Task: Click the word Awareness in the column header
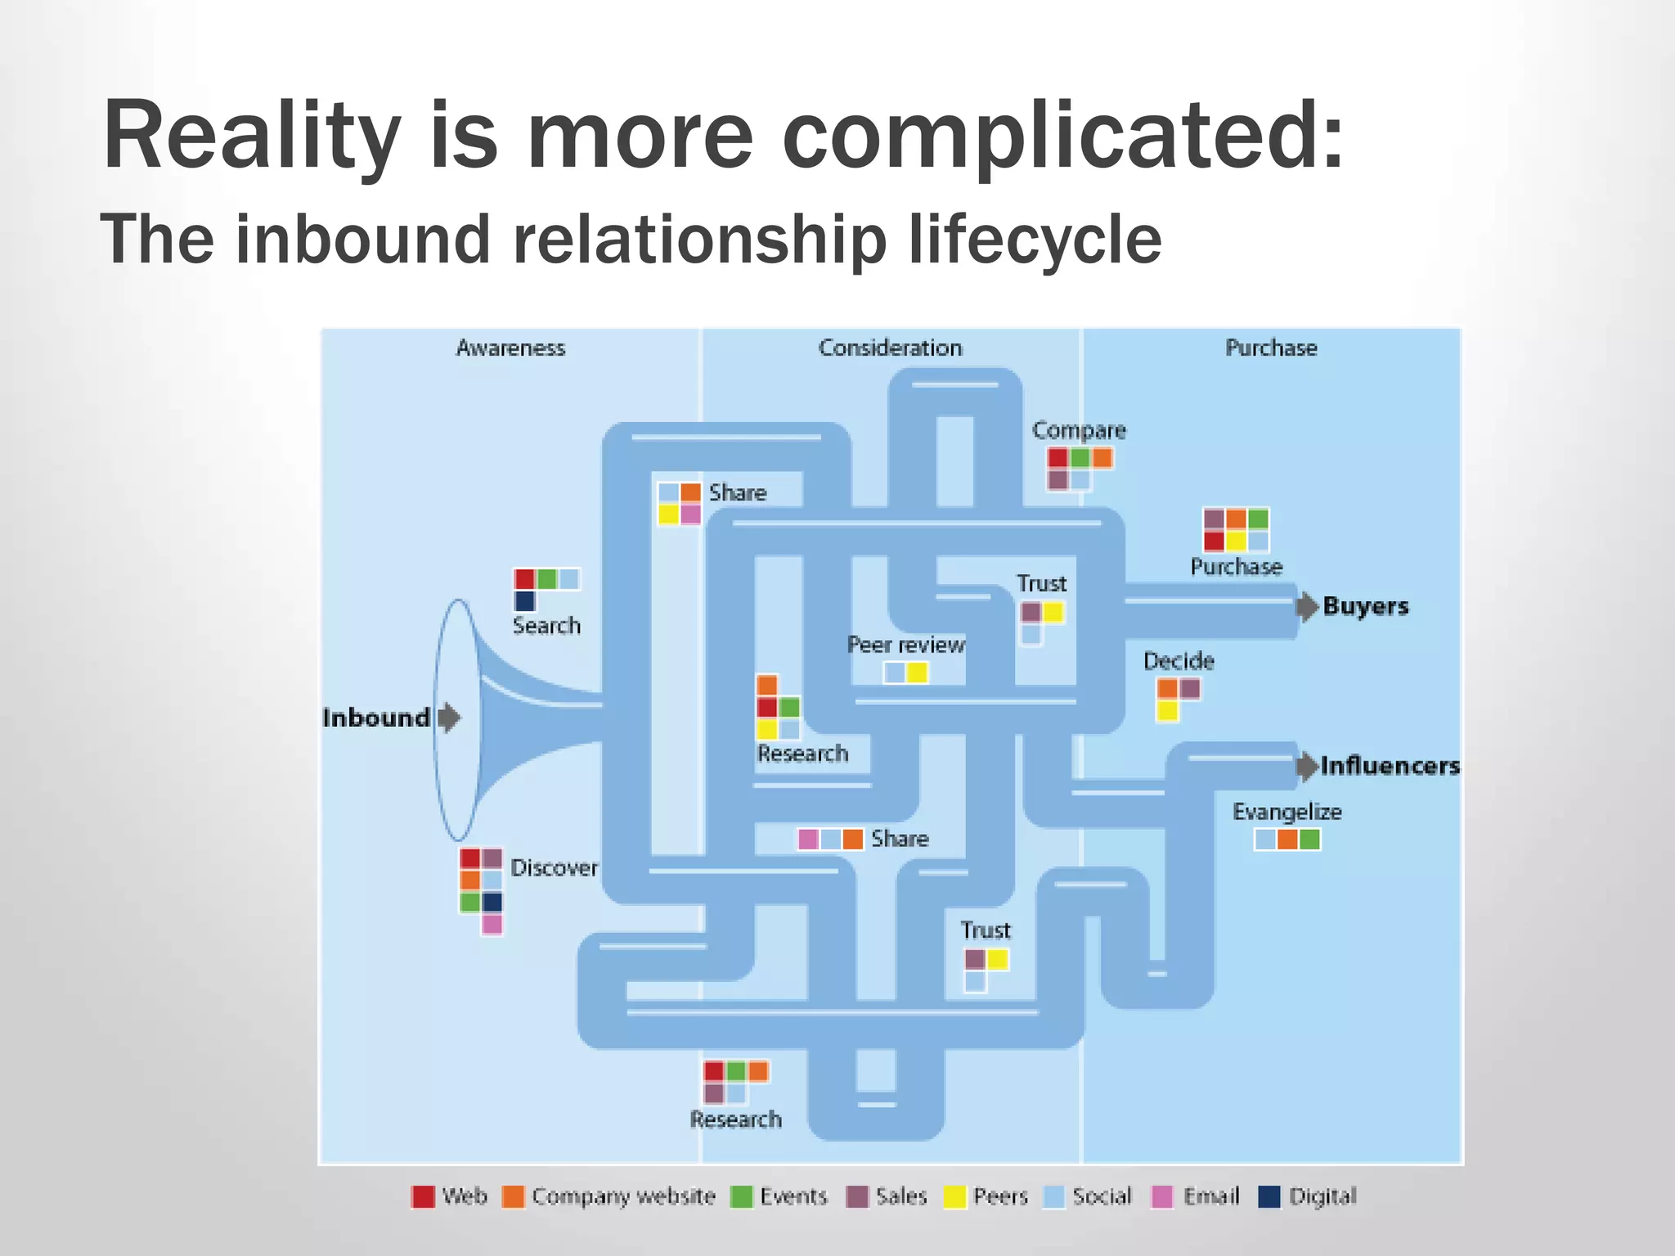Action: tap(510, 348)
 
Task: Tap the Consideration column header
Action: tap(890, 348)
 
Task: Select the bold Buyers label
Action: tap(1366, 606)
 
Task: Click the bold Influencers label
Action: tap(1390, 766)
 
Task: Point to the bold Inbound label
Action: tap(376, 718)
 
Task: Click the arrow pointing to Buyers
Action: tap(1307, 607)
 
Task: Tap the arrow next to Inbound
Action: tap(449, 718)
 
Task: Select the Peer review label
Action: tap(905, 645)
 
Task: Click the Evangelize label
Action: tap(1287, 812)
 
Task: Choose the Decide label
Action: tap(1178, 661)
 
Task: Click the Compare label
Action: tap(1079, 430)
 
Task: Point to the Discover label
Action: tap(554, 868)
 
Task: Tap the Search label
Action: tap(546, 626)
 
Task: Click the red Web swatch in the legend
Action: tap(423, 1197)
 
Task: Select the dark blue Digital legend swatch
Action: tap(1269, 1197)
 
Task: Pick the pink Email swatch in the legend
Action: tap(1162, 1197)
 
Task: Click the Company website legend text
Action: tap(623, 1197)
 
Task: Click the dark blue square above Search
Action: tap(524, 601)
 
